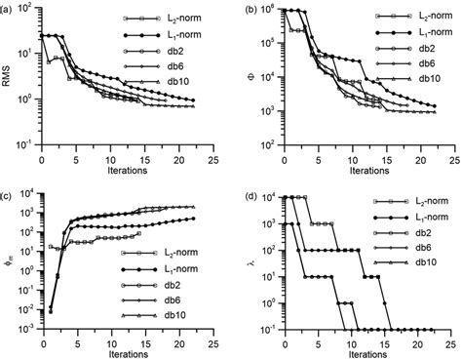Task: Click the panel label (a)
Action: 9,8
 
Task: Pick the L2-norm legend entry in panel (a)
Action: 181,19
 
